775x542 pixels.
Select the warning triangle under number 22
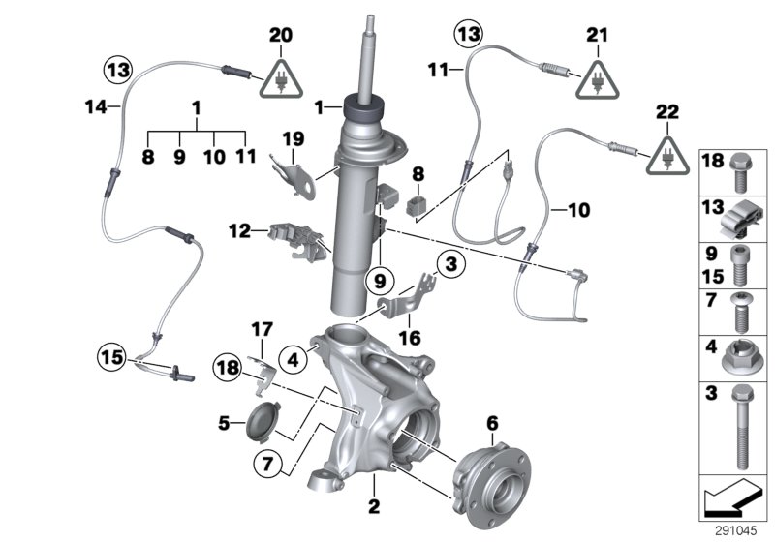click(667, 155)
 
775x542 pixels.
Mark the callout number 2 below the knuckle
click(374, 505)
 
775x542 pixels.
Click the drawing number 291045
click(737, 530)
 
